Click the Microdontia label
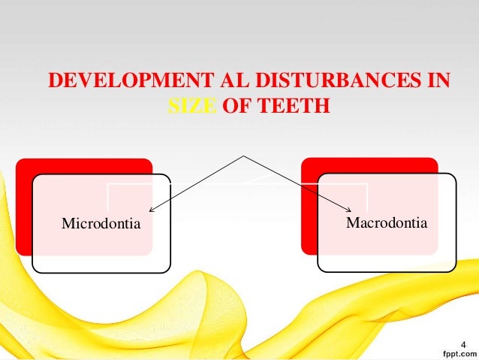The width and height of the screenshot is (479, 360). (x=101, y=224)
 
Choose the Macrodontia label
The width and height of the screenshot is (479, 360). (x=387, y=223)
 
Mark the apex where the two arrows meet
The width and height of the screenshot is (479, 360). (x=243, y=157)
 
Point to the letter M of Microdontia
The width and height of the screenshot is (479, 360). (x=66, y=224)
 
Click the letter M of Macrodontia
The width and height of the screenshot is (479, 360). (x=351, y=223)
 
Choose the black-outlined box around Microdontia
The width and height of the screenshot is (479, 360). (x=101, y=259)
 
